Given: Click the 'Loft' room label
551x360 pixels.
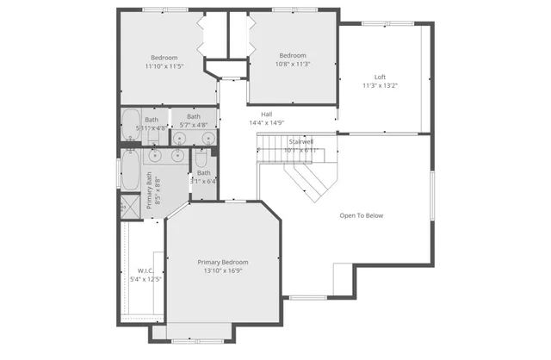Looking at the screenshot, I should click(x=380, y=76).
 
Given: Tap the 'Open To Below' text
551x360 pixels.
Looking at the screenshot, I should click(x=361, y=215).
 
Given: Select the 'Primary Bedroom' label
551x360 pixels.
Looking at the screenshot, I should click(x=223, y=262).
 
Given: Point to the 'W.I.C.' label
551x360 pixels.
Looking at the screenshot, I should click(x=145, y=270).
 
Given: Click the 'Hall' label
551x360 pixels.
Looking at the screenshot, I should click(x=266, y=114).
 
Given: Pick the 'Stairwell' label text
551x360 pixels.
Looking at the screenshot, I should click(x=300, y=140).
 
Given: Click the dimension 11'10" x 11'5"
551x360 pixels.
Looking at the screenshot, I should click(x=164, y=66).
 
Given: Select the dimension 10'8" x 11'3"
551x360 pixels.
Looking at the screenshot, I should click(x=292, y=64).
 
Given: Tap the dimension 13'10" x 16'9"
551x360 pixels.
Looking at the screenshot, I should click(x=223, y=270).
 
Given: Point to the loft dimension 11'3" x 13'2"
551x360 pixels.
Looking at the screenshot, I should click(x=380, y=84).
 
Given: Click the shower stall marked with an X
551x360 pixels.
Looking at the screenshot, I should click(x=129, y=207).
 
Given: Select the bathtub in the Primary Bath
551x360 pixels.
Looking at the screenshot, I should click(x=130, y=171).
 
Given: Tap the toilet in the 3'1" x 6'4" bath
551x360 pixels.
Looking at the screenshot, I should click(x=200, y=161).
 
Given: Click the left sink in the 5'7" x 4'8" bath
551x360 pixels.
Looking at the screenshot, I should click(x=180, y=138).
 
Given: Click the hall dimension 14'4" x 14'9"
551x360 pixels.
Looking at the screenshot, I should click(x=266, y=122).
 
